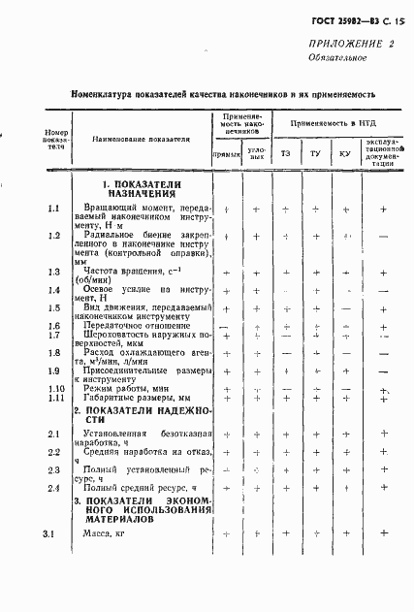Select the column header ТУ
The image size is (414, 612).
[315, 154]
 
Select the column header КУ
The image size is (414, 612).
[345, 154]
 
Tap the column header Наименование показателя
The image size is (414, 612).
[141, 140]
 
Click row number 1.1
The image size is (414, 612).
[54, 209]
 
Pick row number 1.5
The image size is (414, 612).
[54, 307]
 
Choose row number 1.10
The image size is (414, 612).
[55, 389]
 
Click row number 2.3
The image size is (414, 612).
[54, 470]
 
